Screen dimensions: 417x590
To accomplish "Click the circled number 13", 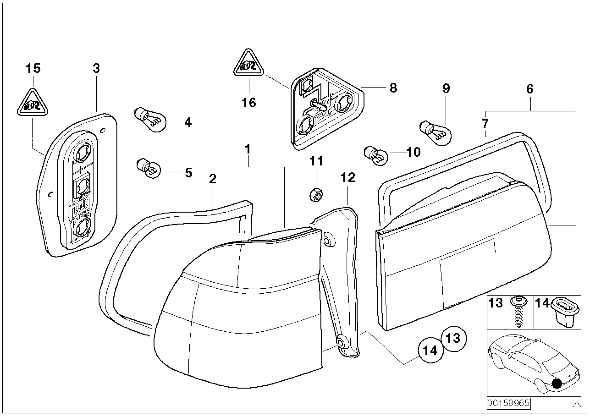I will [453, 339].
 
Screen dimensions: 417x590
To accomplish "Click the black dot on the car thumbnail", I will [557, 384].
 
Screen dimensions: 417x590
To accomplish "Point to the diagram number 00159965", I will [508, 403].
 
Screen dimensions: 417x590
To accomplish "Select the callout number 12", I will [348, 177].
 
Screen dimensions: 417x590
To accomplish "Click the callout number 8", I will [393, 88].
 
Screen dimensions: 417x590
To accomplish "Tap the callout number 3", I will [96, 69].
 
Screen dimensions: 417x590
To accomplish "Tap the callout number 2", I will [212, 179].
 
